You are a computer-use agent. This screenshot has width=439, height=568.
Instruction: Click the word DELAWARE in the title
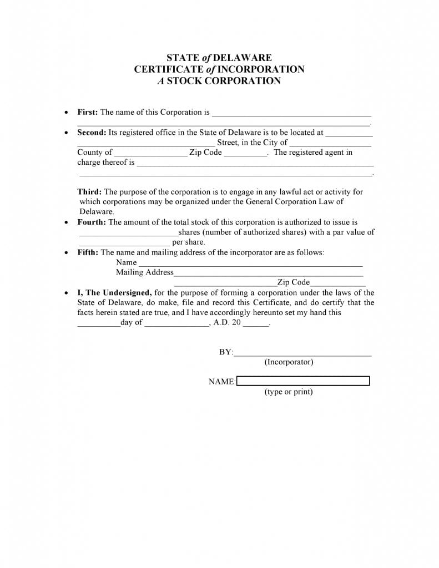pos(243,58)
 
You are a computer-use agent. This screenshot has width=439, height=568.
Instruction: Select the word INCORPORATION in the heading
pos(261,69)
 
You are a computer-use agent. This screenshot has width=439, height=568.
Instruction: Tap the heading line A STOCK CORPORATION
pos(219,81)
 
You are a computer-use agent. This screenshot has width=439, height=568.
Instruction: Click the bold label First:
pos(87,112)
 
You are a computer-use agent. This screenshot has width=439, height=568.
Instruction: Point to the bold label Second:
pos(92,133)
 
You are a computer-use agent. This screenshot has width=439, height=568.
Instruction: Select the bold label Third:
pos(89,192)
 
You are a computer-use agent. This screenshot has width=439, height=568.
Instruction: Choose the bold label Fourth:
pos(92,222)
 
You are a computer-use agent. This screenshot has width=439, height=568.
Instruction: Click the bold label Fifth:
pos(88,252)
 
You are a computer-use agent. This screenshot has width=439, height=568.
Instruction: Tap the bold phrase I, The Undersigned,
pos(114,293)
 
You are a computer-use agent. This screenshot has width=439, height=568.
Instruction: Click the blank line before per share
pos(124,243)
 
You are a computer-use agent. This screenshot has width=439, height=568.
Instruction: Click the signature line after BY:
pos(302,353)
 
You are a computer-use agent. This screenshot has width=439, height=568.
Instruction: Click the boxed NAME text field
pos(303,381)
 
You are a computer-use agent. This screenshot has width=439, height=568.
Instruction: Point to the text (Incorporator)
pos(289,362)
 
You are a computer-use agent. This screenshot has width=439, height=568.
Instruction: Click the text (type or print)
pos(289,392)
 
